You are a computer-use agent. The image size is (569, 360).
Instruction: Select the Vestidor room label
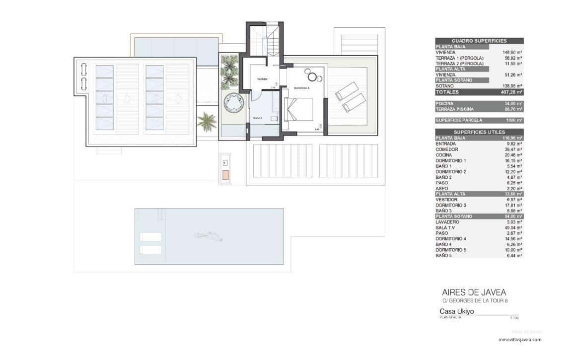tap(262, 79)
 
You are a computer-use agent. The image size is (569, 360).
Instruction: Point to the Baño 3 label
tap(257, 118)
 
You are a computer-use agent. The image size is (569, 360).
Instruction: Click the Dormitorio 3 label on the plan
tap(301, 87)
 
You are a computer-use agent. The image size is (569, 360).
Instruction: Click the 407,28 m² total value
tap(511, 92)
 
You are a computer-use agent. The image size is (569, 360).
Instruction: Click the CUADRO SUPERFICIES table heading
tap(479, 41)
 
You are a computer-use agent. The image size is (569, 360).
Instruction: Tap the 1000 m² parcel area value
tap(514, 120)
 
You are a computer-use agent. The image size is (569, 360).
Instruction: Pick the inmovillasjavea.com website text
tap(519, 340)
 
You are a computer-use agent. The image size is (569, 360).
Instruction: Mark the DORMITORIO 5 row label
tap(450, 250)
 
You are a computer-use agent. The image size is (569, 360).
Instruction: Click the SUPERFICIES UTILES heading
tap(479, 132)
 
